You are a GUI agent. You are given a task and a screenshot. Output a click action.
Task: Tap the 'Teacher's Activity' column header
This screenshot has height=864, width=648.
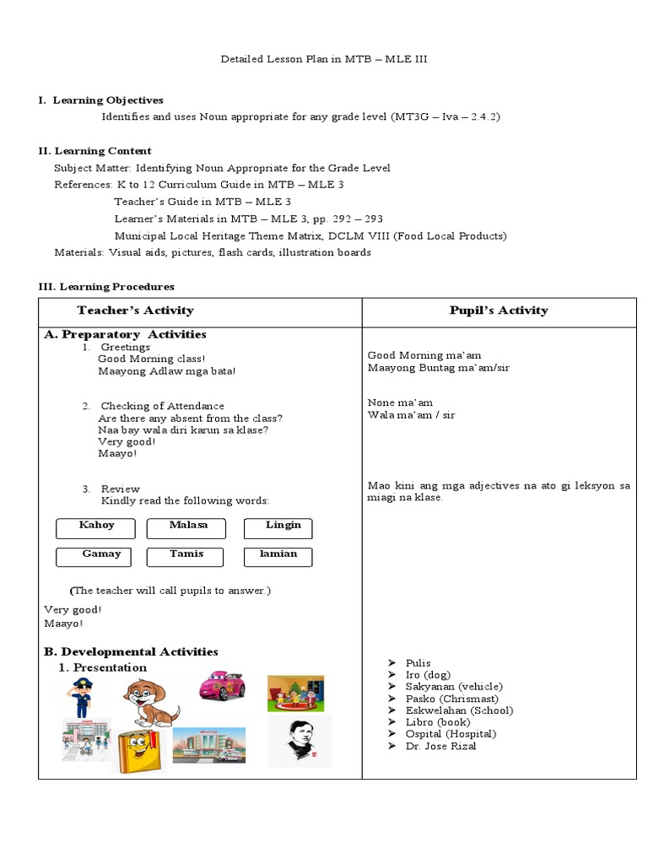pos(135,310)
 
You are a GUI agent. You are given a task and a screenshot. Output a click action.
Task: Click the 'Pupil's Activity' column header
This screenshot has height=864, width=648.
pos(499,310)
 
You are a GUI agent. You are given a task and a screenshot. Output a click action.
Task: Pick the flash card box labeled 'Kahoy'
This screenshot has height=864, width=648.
pos(96,528)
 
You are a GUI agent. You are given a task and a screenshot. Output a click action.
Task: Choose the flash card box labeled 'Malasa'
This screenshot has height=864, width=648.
pos(186,528)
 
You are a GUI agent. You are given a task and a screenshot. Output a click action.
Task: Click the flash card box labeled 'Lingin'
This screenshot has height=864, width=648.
pos(278,528)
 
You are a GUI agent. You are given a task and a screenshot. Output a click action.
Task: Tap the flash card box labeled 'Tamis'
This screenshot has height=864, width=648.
pos(186,557)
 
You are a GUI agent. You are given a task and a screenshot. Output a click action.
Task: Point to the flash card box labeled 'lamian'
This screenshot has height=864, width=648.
pos(278,557)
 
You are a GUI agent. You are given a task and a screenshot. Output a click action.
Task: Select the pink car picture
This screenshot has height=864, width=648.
pos(222,686)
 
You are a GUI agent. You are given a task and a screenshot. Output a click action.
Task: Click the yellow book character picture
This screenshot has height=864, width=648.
pos(139,750)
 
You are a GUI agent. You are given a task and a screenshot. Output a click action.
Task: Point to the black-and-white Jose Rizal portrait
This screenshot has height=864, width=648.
pos(300,741)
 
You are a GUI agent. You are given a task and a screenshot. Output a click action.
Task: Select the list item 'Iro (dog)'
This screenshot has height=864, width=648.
pos(428,675)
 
